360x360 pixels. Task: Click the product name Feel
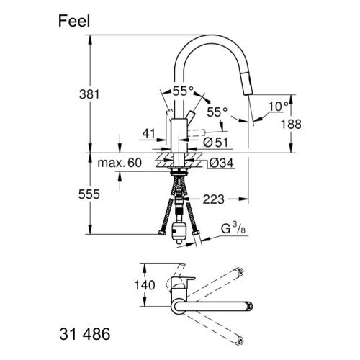tap(74, 21)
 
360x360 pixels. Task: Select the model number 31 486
tap(85, 334)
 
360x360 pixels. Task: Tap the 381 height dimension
tap(89, 94)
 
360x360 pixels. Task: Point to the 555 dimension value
tap(89, 194)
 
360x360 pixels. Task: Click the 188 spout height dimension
tap(291, 125)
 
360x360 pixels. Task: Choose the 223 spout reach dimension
tap(214, 199)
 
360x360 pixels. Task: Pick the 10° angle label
tap(278, 107)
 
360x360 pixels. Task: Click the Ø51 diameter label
tap(215, 143)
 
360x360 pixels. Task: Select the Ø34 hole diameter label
tap(221, 163)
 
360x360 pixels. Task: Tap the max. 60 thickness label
tap(120, 163)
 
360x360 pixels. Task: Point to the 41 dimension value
tap(149, 133)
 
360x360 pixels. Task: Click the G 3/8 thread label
tap(233, 228)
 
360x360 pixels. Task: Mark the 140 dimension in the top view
tap(145, 285)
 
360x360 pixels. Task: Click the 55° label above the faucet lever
tap(183, 91)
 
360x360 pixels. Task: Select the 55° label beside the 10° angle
tap(217, 112)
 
